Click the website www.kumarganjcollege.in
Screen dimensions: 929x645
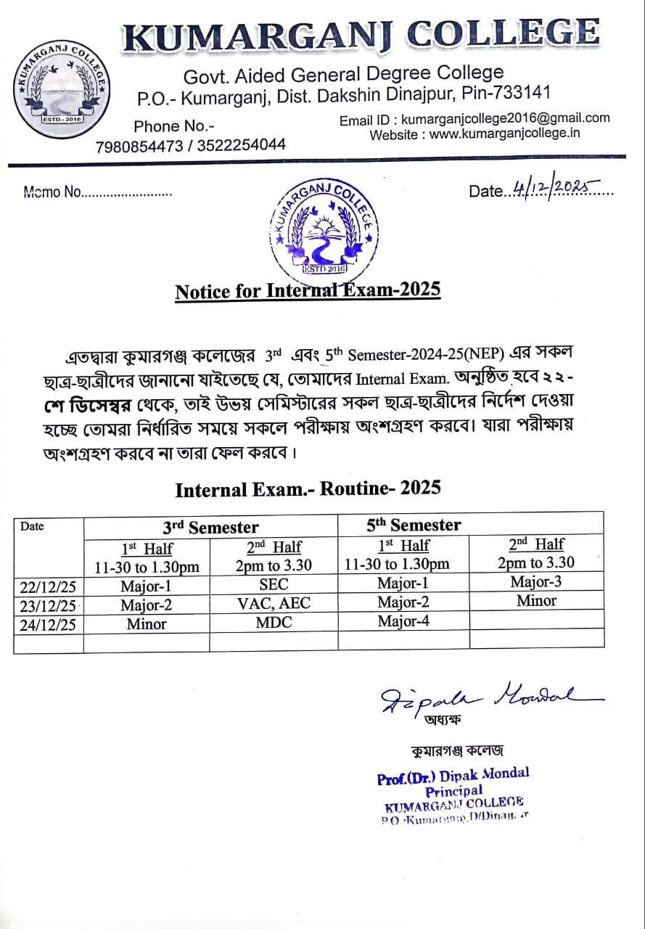pyautogui.click(x=505, y=134)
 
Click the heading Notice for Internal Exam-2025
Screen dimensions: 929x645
pyautogui.click(x=308, y=290)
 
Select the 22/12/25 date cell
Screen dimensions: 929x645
pyautogui.click(x=48, y=585)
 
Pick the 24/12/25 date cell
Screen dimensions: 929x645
pyautogui.click(x=48, y=624)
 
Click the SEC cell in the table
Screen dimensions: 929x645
pyautogui.click(x=273, y=584)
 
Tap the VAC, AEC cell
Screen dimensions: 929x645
pyautogui.click(x=273, y=604)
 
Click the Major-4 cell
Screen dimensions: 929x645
pyautogui.click(x=403, y=621)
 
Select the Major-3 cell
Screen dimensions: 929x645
pyautogui.click(x=535, y=581)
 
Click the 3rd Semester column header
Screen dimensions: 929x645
pyautogui.click(x=210, y=527)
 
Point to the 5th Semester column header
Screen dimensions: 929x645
pyautogui.click(x=414, y=524)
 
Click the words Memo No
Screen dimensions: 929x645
pyautogui.click(x=52, y=193)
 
